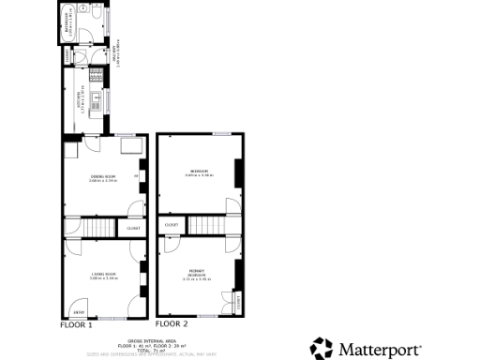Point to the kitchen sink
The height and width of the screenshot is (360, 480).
[97, 97]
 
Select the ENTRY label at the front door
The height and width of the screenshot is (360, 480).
[79, 312]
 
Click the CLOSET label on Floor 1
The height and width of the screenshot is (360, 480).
[133, 228]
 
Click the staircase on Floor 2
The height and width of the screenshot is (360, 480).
[206, 225]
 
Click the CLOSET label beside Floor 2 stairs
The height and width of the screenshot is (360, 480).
[172, 225]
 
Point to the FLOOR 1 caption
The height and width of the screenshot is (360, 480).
[77, 324]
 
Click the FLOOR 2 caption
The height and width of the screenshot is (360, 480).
[172, 324]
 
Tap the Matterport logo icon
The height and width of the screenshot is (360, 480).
[322, 347]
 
